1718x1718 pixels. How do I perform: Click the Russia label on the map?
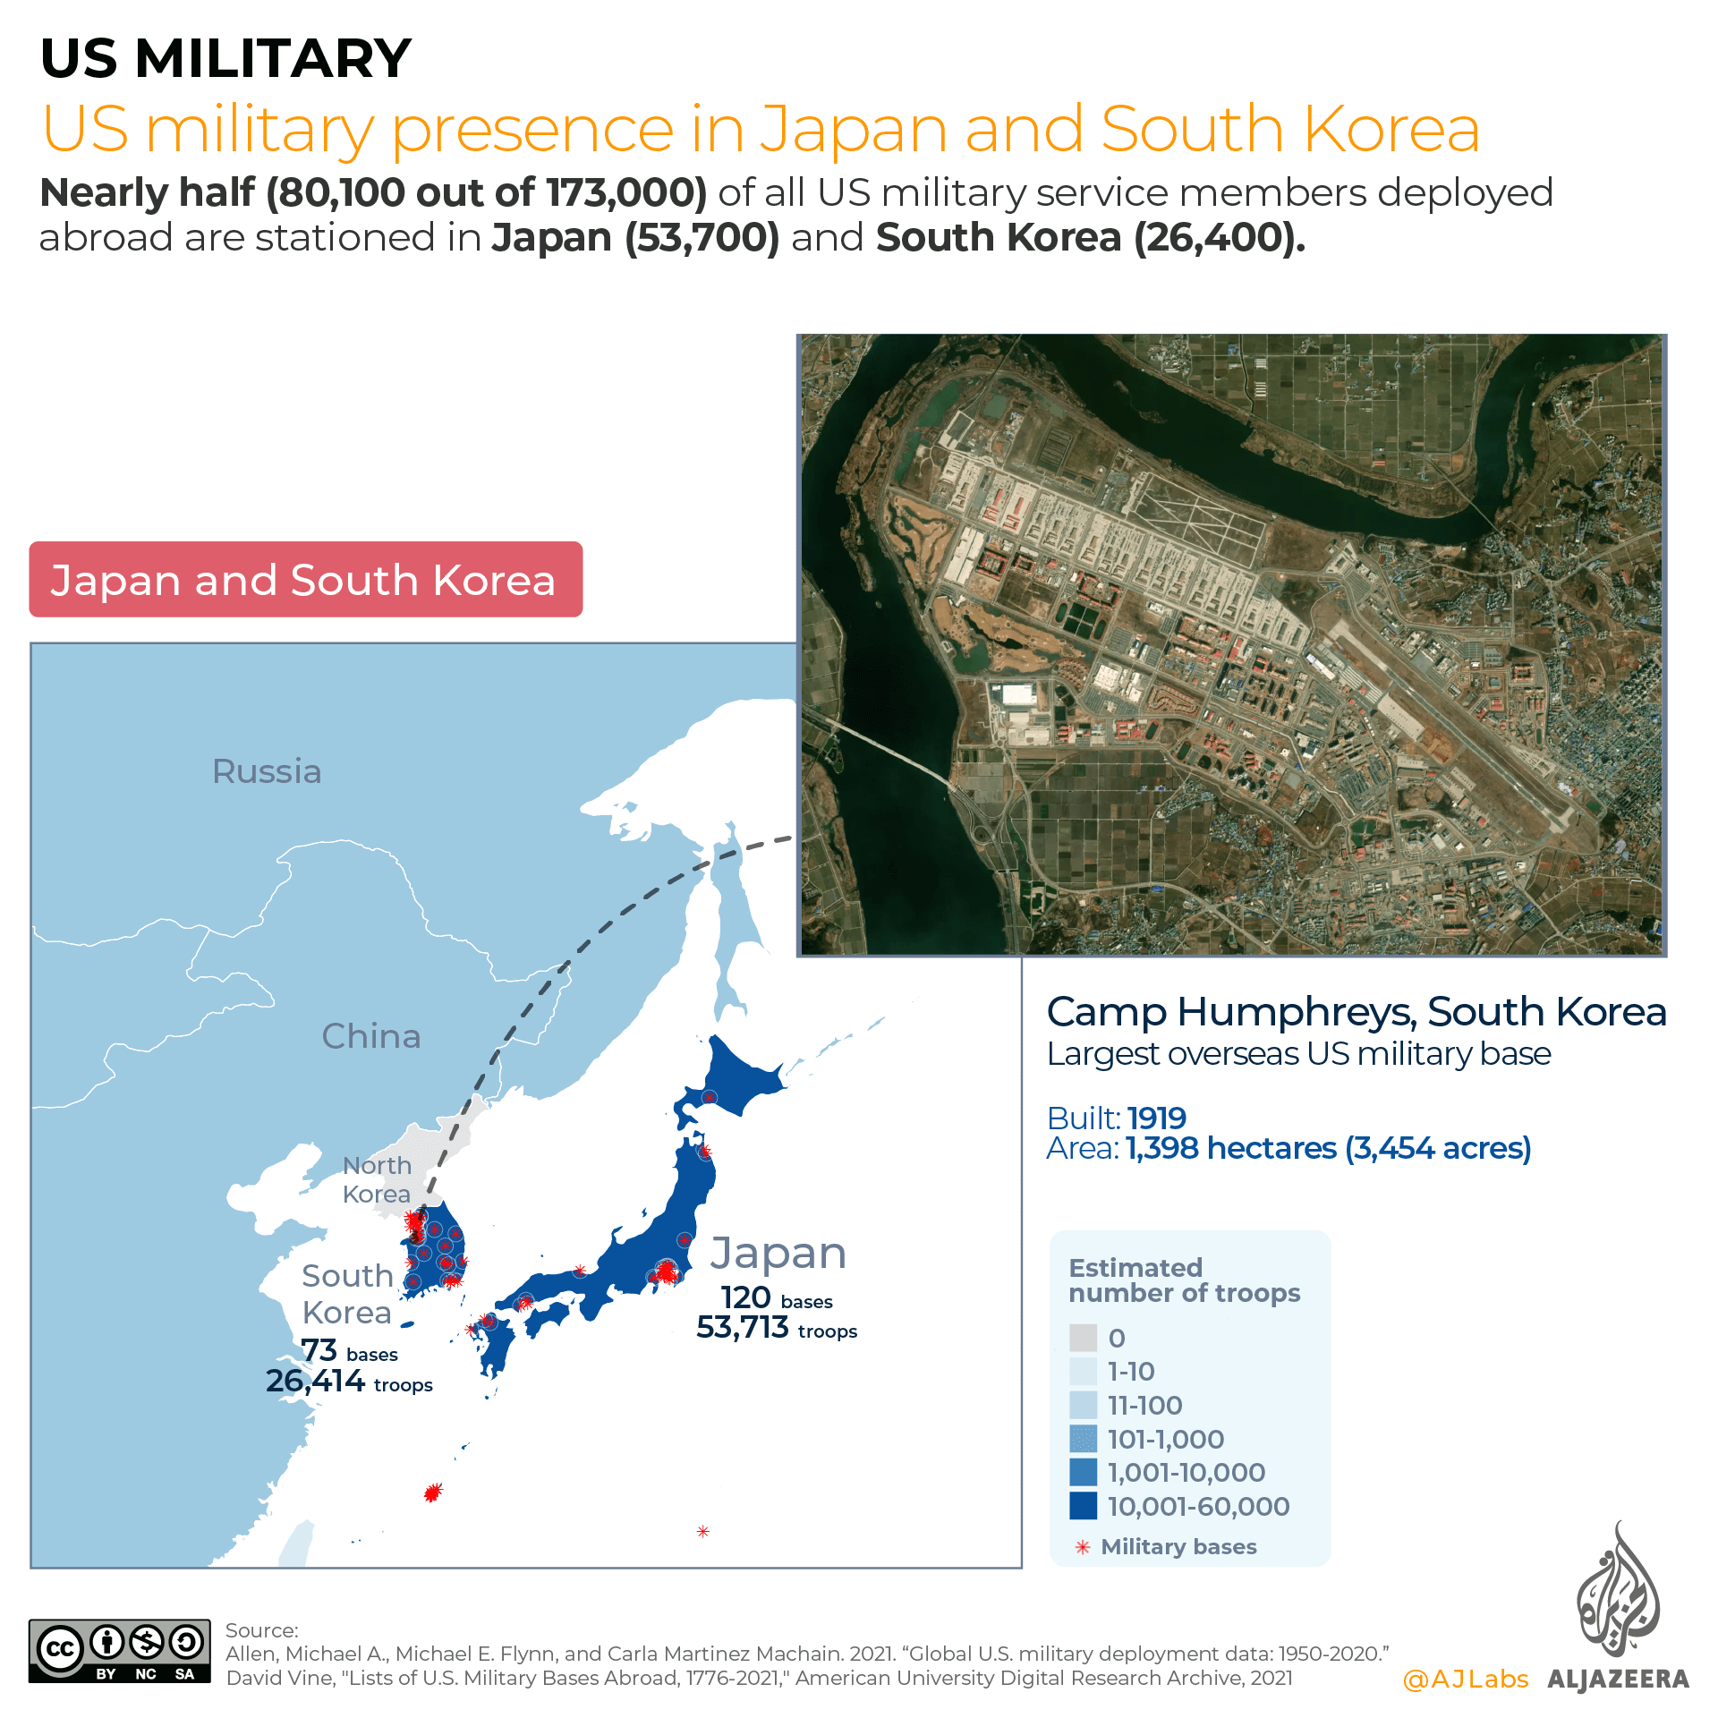click(267, 771)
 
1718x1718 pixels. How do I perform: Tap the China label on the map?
click(370, 1036)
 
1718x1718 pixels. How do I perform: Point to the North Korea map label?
click(377, 1179)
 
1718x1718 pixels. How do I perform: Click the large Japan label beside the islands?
click(778, 1254)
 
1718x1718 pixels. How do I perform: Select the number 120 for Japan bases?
click(745, 1297)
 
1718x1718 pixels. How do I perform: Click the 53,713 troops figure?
click(743, 1328)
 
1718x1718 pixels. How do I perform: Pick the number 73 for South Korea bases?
click(319, 1350)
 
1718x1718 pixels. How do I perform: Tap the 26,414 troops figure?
click(315, 1382)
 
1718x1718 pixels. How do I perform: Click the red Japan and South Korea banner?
click(305, 580)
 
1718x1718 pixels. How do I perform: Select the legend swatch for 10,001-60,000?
click(1083, 1506)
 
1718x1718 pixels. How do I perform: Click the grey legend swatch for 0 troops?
click(1083, 1338)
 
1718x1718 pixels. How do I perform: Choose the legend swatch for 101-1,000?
click(1083, 1439)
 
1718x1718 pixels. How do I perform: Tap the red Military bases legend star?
click(1083, 1547)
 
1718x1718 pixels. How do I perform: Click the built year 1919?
click(1156, 1118)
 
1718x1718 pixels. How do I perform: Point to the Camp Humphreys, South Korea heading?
click(1356, 1012)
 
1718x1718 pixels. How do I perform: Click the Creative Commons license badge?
click(119, 1651)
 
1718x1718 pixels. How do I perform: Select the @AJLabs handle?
click(1466, 1680)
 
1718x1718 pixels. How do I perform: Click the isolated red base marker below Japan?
click(702, 1532)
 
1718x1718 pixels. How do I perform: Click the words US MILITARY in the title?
click(225, 58)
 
